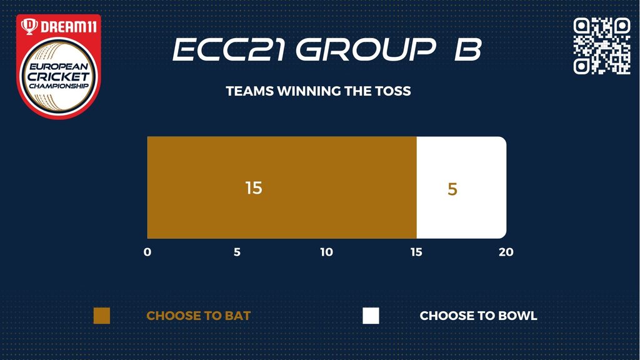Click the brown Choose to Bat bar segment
pos(282,187)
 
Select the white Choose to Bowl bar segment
pos(462,187)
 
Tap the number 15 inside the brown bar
pos(254,187)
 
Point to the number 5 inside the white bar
pos(452,189)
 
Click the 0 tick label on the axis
pos(147,252)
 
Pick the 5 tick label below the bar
pos(237,252)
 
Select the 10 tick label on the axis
pos(326,252)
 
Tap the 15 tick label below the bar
pos(416,252)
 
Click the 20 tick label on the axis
pos(506,252)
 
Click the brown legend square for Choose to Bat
pos(102,316)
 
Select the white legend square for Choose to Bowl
pos(371,316)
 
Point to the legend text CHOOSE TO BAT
pos(198,316)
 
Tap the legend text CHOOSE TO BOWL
pos(478,316)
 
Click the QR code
pos(602,46)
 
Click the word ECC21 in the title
pos(229,49)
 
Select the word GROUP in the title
pos(366,49)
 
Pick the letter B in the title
pos(468,49)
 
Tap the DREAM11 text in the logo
pos(69,27)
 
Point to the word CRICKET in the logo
pos(59,76)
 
